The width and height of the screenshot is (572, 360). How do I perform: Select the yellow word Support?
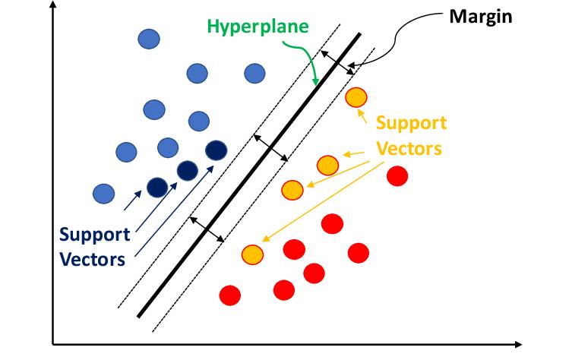[411, 123]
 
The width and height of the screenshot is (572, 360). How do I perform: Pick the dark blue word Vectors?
[93, 258]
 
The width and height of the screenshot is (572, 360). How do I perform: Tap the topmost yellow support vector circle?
[356, 97]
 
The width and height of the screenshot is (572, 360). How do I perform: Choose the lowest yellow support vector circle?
[251, 254]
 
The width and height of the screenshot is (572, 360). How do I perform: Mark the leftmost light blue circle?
[103, 194]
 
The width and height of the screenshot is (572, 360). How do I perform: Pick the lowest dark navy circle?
[156, 187]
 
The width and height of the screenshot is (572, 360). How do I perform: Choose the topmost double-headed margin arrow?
[337, 62]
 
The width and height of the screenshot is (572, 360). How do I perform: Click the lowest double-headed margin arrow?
[207, 229]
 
